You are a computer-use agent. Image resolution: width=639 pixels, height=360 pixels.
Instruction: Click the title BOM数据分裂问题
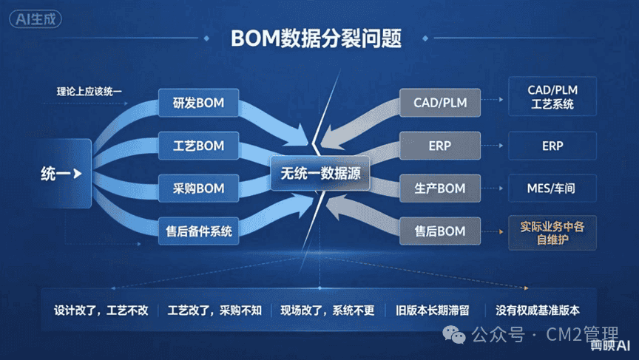317,38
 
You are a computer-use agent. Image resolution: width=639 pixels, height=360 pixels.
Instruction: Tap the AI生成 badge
35,19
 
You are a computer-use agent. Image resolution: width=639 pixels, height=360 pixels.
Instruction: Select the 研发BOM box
198,103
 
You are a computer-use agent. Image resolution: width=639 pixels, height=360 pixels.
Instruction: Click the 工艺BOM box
198,146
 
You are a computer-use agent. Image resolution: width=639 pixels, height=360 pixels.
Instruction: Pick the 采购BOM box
198,189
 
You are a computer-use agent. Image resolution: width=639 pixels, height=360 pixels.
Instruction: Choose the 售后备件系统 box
198,231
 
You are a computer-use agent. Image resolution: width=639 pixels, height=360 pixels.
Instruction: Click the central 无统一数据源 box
320,174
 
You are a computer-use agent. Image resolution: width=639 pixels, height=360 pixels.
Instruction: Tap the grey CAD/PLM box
440,103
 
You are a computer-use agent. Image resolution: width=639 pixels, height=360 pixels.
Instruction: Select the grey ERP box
440,146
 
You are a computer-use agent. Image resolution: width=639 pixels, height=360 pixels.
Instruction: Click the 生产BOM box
440,189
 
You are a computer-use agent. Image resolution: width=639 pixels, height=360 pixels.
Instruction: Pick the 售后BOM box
440,231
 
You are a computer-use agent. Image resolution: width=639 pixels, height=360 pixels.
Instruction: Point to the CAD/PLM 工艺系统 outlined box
552,97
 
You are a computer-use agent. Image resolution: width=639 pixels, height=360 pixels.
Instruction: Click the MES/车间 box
552,189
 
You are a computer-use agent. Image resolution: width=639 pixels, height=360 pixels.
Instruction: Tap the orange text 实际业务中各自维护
552,233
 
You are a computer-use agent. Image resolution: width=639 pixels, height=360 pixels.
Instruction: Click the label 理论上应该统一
89,92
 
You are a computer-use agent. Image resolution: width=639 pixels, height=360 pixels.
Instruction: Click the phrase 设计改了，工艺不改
101,310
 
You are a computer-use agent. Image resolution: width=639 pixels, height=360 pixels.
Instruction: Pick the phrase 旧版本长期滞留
433,310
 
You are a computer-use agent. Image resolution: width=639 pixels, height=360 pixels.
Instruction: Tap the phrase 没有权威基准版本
538,310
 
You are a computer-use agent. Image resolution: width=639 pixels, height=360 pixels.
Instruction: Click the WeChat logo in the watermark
454,335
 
